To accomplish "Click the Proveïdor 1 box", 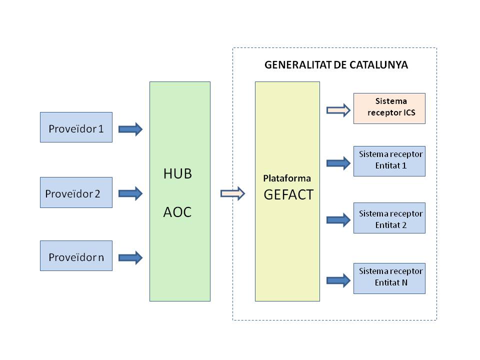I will click(76, 127).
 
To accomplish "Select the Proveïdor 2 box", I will click(76, 192).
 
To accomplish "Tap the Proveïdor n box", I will click(76, 256).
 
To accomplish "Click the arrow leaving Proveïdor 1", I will click(130, 129).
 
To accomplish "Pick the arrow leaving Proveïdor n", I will click(130, 257).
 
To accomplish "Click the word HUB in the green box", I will click(177, 174).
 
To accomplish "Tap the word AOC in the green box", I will click(177, 212).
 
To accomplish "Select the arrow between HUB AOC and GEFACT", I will click(232, 193).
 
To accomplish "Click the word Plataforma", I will click(287, 178).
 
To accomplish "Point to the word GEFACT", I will click(288, 194).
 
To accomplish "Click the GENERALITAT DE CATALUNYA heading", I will click(336, 65).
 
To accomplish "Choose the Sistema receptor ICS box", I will click(389, 108).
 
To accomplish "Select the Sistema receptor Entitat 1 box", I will click(389, 161).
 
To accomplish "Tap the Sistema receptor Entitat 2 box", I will click(389, 218).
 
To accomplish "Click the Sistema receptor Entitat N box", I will click(389, 278).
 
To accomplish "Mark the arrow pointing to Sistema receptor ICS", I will click(339, 110).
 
